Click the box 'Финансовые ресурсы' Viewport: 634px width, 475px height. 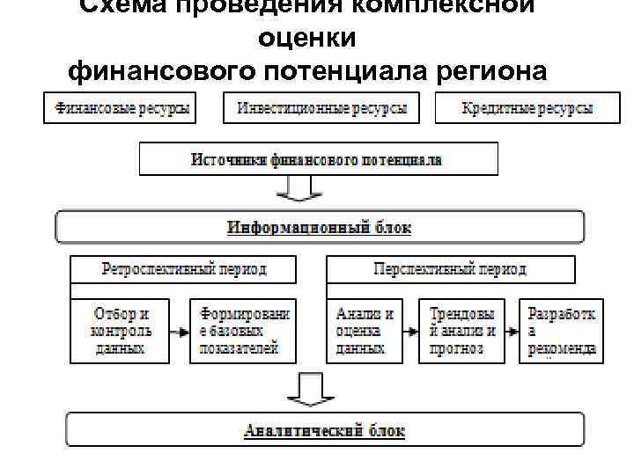(120, 109)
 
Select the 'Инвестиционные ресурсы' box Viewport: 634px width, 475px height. (321, 109)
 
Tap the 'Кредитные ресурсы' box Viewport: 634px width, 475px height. (527, 109)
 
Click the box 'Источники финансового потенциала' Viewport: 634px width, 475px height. (318, 160)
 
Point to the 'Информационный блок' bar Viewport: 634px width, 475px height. (320, 227)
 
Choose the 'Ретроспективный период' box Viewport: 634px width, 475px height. (183, 269)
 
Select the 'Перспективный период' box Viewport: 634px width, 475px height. (450, 269)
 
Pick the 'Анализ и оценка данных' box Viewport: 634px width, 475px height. (365, 331)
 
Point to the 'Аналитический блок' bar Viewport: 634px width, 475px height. (324, 431)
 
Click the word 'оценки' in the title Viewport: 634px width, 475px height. (307, 38)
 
